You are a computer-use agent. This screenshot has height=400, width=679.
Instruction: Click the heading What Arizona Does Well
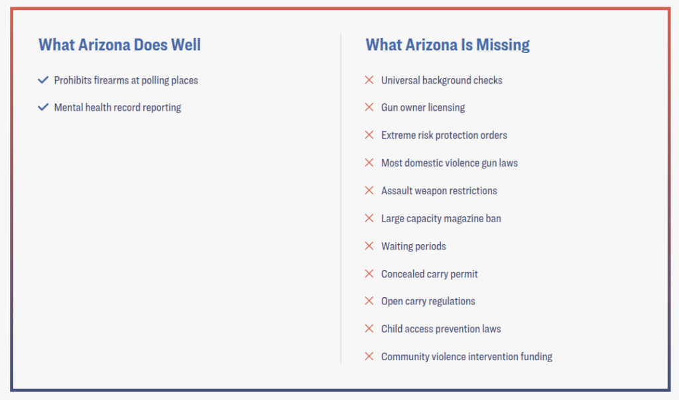click(119, 45)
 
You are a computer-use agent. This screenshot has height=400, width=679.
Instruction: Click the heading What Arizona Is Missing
click(448, 45)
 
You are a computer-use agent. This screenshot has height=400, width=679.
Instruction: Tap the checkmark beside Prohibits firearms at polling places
click(44, 80)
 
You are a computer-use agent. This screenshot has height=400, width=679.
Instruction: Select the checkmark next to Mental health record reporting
click(44, 107)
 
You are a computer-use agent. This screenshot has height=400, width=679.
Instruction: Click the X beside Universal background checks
click(369, 80)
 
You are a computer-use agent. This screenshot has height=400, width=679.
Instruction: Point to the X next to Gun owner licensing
click(369, 107)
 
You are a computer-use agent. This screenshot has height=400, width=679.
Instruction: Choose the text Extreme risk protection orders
click(444, 135)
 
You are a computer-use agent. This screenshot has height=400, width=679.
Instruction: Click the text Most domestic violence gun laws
click(449, 163)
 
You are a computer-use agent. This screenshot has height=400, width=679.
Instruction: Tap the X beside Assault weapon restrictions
click(369, 191)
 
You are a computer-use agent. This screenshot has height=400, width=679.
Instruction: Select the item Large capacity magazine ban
click(441, 218)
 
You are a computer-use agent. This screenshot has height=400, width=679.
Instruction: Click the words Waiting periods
click(413, 246)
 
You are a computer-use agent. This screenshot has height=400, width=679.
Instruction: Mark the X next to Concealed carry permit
click(369, 274)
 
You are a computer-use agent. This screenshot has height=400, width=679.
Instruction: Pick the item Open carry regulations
click(428, 301)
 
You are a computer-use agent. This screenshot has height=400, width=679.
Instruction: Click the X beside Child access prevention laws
click(369, 329)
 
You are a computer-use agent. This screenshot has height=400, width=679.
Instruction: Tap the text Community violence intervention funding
click(466, 357)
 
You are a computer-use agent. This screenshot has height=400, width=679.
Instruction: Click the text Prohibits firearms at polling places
click(126, 80)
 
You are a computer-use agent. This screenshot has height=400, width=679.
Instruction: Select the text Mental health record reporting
click(117, 107)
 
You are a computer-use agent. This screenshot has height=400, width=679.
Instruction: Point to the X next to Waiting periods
click(369, 246)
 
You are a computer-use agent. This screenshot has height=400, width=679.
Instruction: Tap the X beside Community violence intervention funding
click(369, 357)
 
